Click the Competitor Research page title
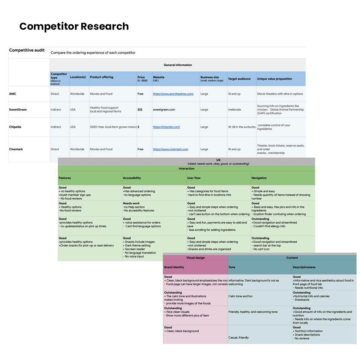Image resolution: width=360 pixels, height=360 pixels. point(74,26)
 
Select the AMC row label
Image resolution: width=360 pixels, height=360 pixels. point(13,94)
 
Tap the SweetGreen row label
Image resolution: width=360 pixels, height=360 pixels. point(18,109)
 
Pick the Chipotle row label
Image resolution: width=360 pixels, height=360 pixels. point(15,127)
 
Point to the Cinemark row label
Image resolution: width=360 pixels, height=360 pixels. point(16,149)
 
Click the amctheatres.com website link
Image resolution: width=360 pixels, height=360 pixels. point(173,94)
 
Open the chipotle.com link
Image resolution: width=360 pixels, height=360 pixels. point(166,127)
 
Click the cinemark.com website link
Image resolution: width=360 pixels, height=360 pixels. point(170,149)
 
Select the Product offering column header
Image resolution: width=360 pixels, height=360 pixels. point(101,77)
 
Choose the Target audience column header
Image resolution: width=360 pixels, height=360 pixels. point(239,79)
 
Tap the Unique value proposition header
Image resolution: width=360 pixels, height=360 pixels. point(274,79)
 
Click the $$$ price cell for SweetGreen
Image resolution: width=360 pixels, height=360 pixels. point(140,109)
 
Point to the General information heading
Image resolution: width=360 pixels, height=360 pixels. point(178,65)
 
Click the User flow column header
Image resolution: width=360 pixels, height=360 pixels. point(194,178)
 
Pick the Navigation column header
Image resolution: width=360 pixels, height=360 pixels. point(259,178)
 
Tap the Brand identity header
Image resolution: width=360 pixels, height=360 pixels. point(174,267)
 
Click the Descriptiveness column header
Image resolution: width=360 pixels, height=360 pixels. point(304,267)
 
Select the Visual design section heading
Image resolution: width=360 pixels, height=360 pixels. point(195,258)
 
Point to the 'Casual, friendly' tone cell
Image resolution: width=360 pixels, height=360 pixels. point(238,337)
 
